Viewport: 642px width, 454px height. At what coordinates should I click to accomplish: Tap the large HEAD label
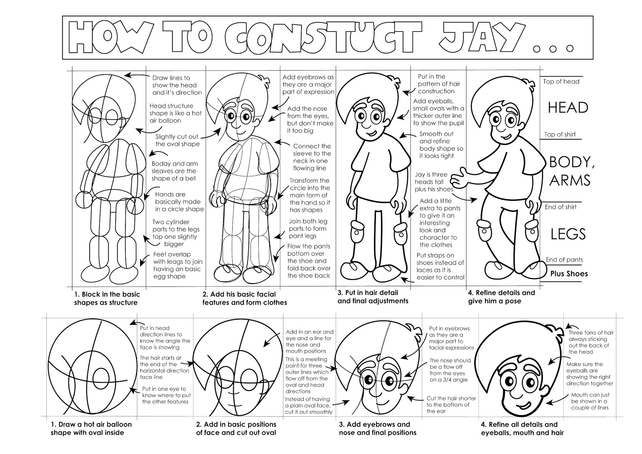568,108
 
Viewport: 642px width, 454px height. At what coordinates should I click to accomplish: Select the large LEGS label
568,234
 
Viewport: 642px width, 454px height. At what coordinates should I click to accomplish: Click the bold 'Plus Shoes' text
569,274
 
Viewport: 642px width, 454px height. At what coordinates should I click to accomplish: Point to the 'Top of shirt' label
560,134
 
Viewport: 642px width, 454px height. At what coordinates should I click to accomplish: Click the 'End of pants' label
564,260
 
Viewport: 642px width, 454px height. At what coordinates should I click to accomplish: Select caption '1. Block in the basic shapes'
107,298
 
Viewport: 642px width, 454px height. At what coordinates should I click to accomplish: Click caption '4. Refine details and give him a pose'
501,297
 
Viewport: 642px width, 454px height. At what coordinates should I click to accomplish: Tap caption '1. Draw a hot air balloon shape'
91,428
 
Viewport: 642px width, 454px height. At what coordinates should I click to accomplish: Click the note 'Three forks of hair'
591,342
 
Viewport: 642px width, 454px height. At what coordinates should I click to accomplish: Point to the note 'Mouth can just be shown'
590,401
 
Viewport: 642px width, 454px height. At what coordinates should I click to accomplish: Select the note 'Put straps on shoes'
440,266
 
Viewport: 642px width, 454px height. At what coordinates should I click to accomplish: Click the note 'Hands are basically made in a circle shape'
179,202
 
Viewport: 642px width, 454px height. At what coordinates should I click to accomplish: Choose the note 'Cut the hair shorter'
451,404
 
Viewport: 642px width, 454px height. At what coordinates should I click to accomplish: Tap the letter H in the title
81,37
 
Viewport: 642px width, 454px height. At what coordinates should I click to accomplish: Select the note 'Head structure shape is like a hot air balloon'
175,113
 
